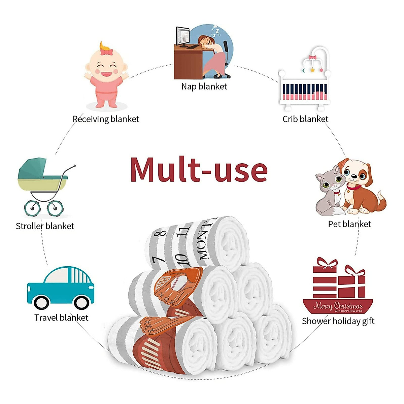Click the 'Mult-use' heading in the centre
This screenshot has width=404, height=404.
click(x=199, y=170)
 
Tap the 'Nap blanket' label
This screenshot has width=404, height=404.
click(x=204, y=87)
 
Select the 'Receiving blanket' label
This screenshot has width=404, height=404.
click(x=106, y=119)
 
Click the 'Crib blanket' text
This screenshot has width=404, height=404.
click(x=305, y=119)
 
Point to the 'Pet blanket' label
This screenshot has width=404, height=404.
click(x=349, y=224)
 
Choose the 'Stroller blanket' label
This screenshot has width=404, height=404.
click(x=45, y=226)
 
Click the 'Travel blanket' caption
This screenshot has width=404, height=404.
click(x=61, y=317)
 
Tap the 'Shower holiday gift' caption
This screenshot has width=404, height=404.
click(x=338, y=321)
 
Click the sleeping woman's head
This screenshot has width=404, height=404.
click(x=206, y=42)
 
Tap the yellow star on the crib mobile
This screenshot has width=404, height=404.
click(x=312, y=70)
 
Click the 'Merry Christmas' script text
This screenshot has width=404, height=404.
click(x=338, y=306)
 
